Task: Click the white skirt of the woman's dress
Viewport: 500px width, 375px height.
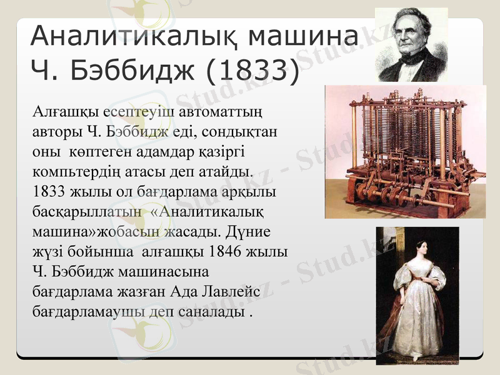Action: (416, 319)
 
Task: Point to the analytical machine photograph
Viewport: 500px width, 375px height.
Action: (405, 151)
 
